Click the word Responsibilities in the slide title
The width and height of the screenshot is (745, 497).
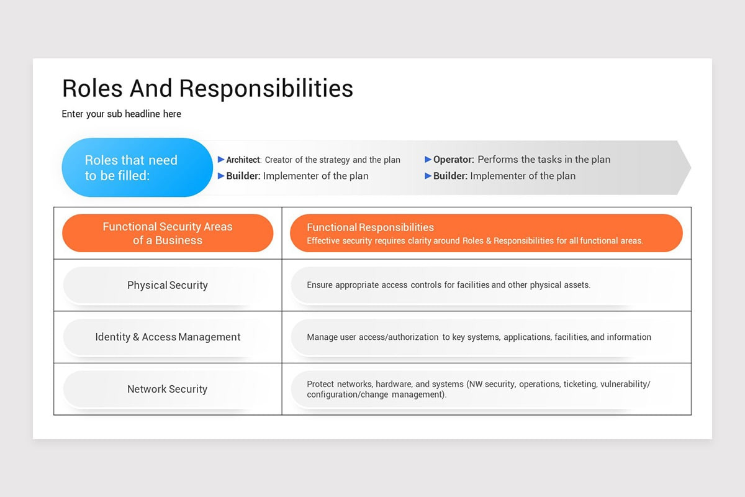click(266, 88)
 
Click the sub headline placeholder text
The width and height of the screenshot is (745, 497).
click(121, 114)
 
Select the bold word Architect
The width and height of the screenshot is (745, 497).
click(243, 160)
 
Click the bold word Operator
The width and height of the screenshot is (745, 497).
click(453, 160)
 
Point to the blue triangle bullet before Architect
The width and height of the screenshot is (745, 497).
click(221, 160)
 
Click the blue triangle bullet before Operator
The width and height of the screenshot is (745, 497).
click(428, 160)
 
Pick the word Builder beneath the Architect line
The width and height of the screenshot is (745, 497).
click(243, 176)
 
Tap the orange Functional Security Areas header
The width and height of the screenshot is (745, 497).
click(168, 233)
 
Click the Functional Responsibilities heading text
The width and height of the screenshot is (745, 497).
click(370, 227)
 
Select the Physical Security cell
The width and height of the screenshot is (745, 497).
click(168, 285)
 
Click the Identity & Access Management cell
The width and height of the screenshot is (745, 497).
click(168, 337)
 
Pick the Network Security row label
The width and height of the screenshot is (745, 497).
click(168, 389)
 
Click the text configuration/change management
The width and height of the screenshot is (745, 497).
click(376, 394)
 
